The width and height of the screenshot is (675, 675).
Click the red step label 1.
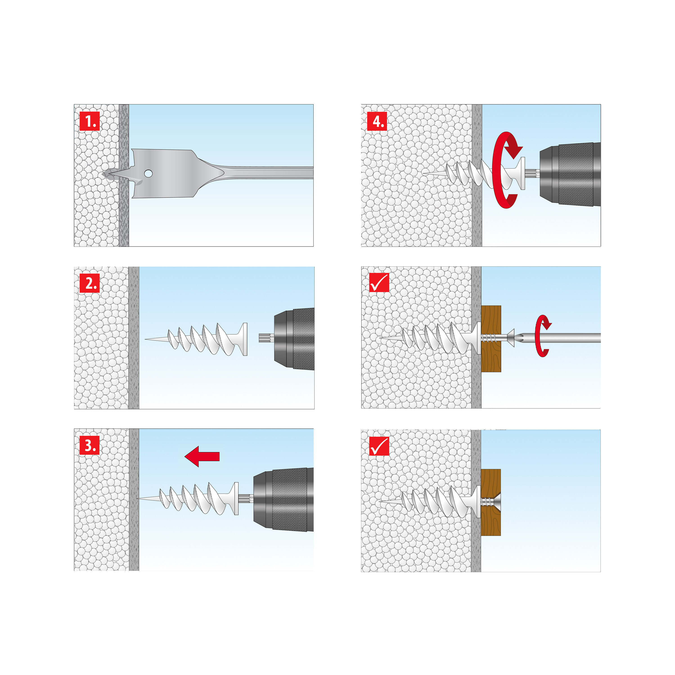click(x=90, y=121)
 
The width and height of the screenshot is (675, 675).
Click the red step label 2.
click(x=90, y=283)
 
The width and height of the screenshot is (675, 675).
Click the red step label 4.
click(x=377, y=121)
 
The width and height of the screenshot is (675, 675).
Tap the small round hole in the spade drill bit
click(x=148, y=173)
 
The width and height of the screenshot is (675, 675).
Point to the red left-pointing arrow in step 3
click(x=202, y=456)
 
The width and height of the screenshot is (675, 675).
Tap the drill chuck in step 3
click(x=283, y=499)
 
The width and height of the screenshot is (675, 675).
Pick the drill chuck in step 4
click(x=569, y=174)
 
